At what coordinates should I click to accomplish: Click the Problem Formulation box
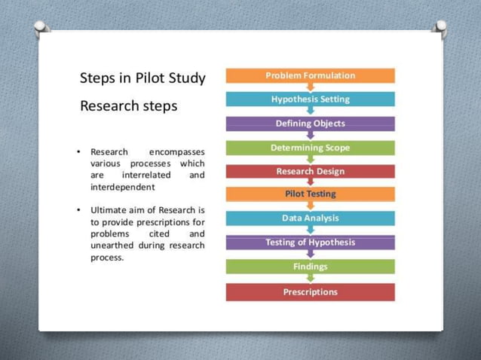pyautogui.click(x=310, y=75)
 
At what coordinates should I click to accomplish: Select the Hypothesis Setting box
pyautogui.click(x=310, y=99)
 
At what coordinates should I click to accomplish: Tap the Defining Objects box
pyautogui.click(x=310, y=124)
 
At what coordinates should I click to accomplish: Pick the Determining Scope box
pyautogui.click(x=310, y=148)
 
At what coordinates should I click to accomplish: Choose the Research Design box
pyautogui.click(x=310, y=171)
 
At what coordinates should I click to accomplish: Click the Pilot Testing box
pyautogui.click(x=310, y=194)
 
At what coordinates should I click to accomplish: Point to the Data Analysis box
pyautogui.click(x=310, y=218)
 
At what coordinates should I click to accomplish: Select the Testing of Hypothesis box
pyautogui.click(x=310, y=243)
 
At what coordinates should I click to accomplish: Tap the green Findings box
pyautogui.click(x=310, y=267)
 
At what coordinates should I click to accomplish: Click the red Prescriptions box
pyautogui.click(x=310, y=291)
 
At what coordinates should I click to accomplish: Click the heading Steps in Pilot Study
pyautogui.click(x=142, y=78)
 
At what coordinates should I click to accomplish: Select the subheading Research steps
pyautogui.click(x=128, y=105)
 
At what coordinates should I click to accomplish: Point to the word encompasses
pyautogui.click(x=176, y=152)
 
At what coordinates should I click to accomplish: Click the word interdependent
pyautogui.click(x=122, y=186)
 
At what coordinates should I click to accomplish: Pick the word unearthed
pyautogui.click(x=113, y=246)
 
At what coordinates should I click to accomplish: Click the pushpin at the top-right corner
pyautogui.click(x=440, y=29)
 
